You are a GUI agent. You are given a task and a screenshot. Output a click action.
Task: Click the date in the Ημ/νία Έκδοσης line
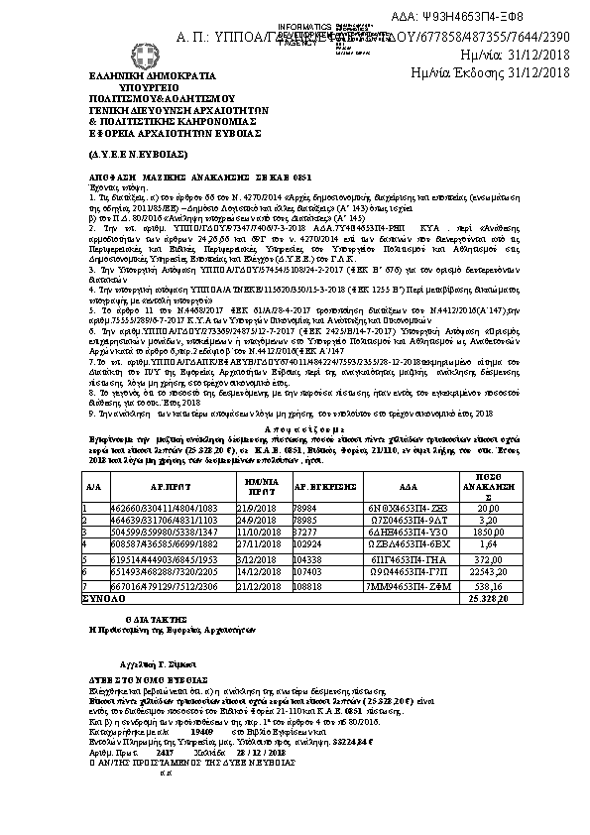(531, 72)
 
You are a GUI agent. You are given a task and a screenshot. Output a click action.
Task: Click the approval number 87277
(309, 532)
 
